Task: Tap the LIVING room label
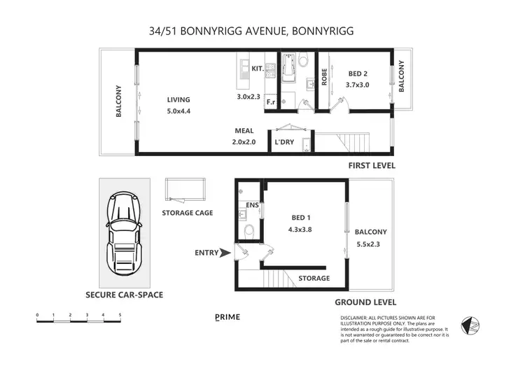(178, 99)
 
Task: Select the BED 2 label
(358, 73)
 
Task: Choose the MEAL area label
(244, 131)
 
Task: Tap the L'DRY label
(284, 142)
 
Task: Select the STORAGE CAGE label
(187, 213)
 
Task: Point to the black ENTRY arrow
(225, 253)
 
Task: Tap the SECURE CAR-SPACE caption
(124, 295)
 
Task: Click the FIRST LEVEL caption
(372, 166)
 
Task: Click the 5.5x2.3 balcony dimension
(370, 245)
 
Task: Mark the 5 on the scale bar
(120, 315)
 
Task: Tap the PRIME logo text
(227, 317)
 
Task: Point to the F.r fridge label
(270, 102)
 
